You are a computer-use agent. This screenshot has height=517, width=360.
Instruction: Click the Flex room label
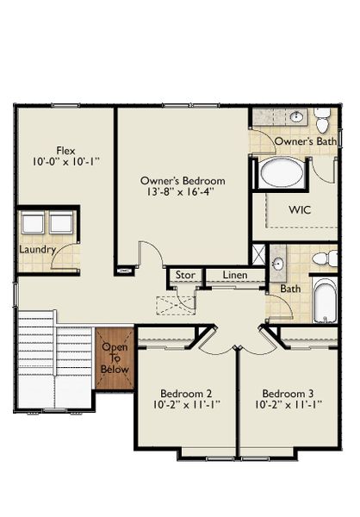tap(65, 148)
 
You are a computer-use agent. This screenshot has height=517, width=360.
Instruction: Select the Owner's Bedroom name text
tap(183, 181)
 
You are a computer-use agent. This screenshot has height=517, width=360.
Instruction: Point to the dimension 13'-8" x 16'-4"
tap(183, 193)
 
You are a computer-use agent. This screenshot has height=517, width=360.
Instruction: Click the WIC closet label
tap(301, 209)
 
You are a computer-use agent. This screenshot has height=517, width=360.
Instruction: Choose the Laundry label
tap(38, 250)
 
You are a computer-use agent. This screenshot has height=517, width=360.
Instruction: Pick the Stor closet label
tap(184, 276)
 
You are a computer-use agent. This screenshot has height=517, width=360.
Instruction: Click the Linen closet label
tap(234, 276)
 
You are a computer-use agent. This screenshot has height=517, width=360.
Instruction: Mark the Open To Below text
tap(115, 358)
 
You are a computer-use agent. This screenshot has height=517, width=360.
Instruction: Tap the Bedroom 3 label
tap(288, 390)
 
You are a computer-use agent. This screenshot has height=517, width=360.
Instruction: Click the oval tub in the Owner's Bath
tap(282, 172)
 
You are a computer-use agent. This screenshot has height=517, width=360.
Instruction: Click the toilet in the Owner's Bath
tap(322, 119)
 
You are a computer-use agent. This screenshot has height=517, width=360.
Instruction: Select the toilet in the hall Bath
tap(324, 258)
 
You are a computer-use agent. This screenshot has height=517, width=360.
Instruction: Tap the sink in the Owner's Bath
tap(295, 117)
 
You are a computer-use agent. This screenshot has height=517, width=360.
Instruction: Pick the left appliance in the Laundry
tap(33, 223)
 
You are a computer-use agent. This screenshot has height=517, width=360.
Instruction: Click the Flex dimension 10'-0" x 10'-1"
tap(65, 160)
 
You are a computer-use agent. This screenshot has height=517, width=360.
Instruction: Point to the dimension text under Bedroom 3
tap(288, 403)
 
